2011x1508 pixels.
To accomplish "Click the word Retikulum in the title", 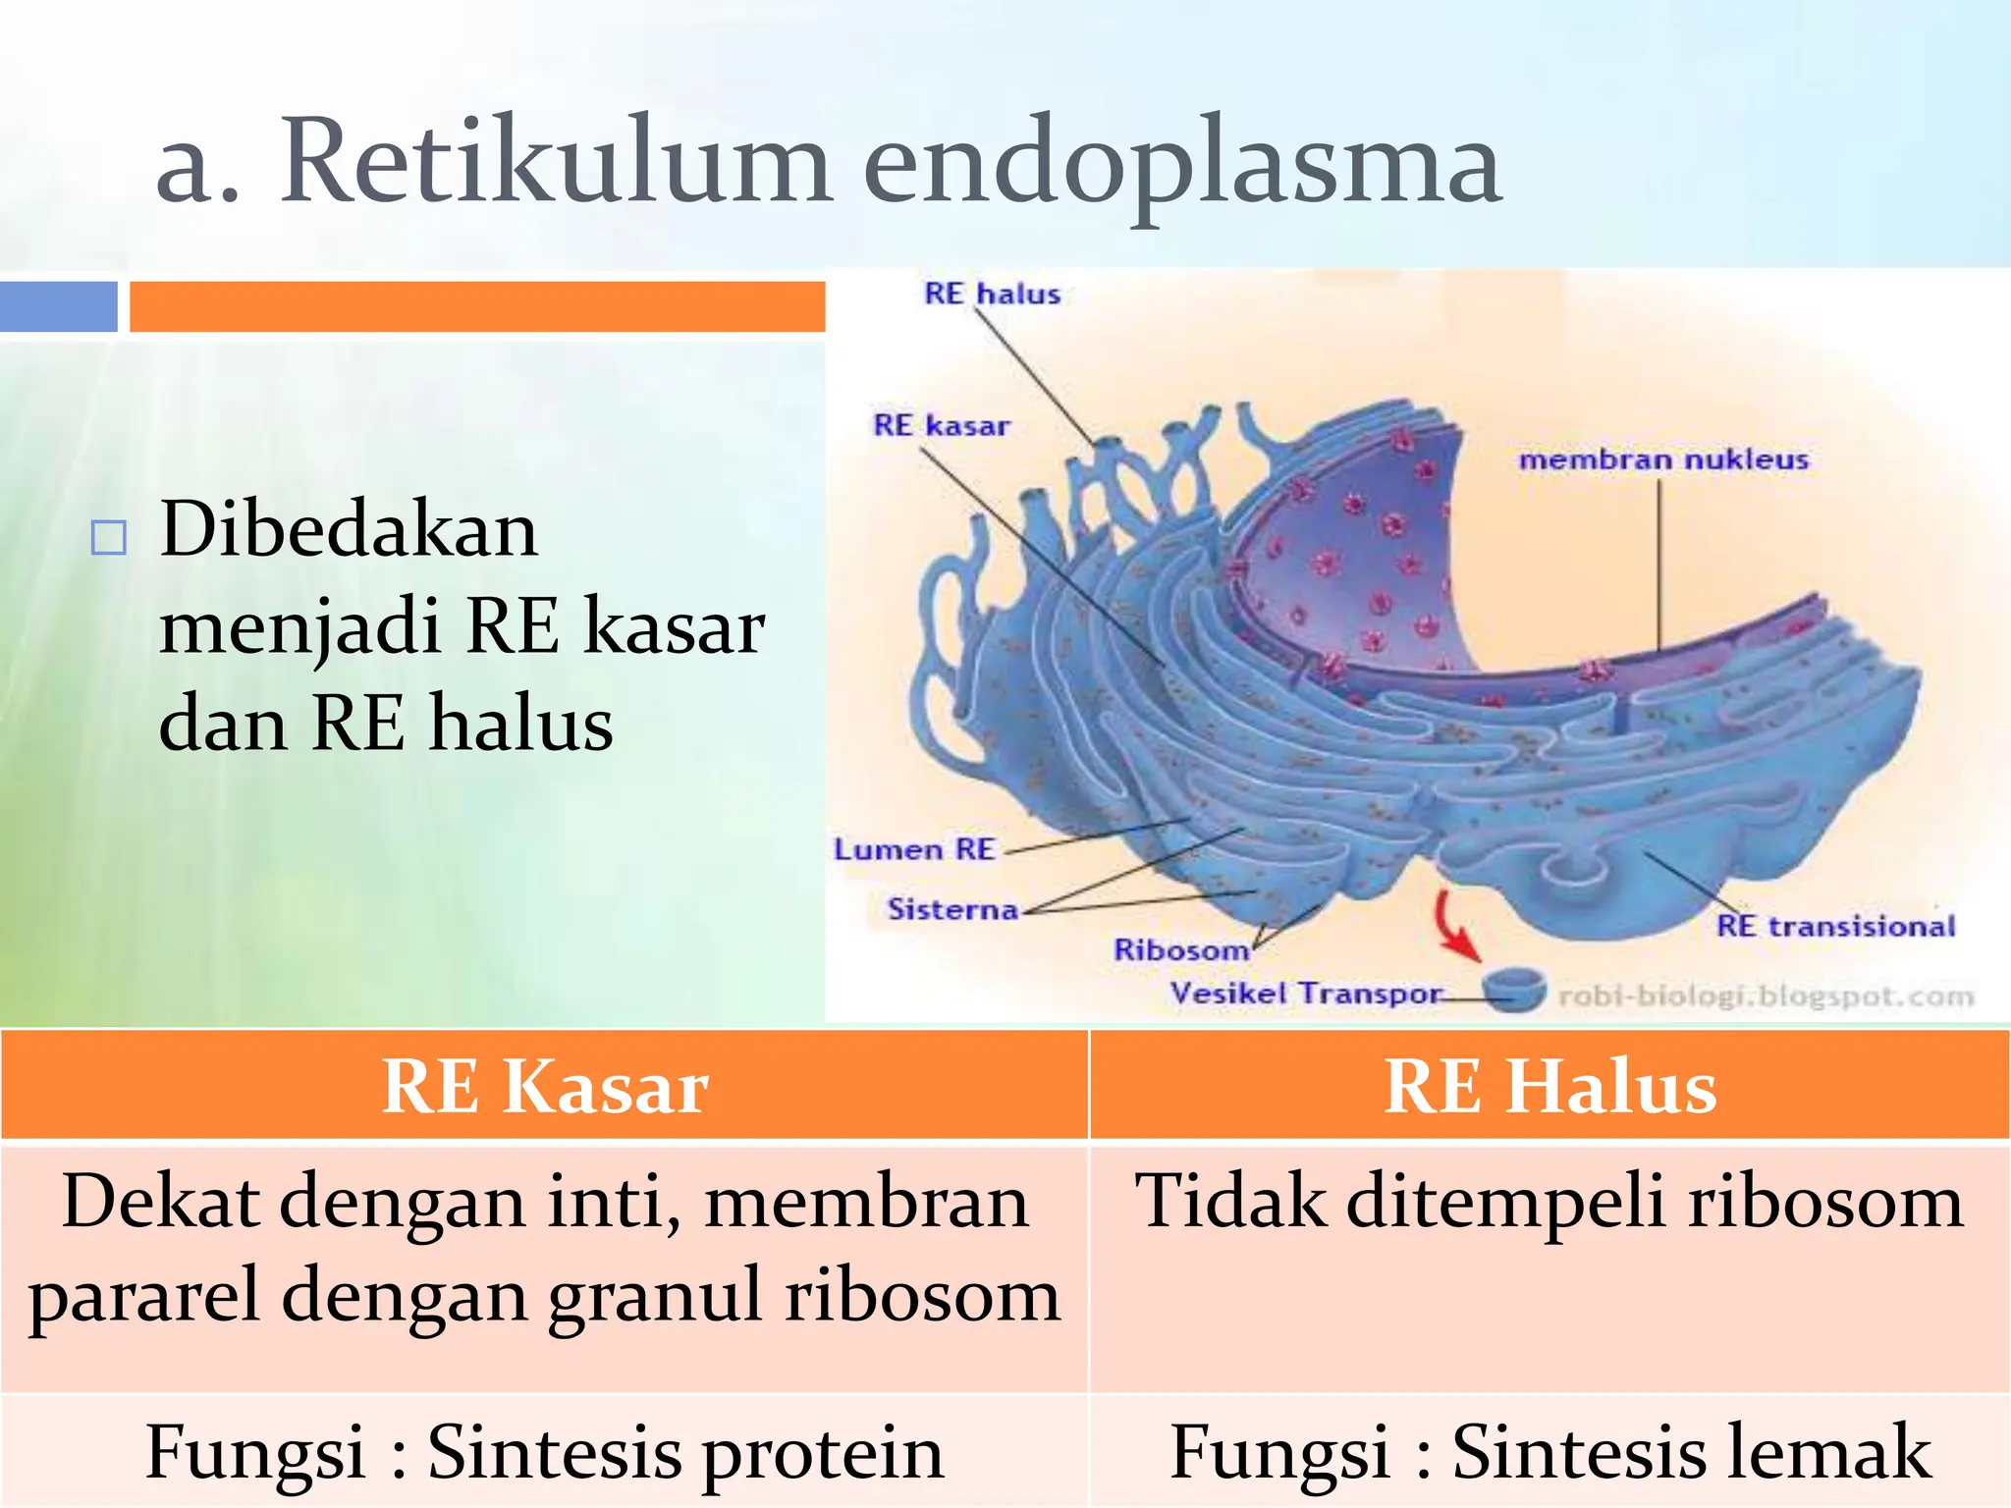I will [556, 162].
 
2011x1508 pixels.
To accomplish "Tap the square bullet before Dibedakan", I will [108, 538].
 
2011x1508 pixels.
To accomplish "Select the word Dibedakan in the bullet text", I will [349, 530].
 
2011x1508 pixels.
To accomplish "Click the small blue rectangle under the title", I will [58, 306].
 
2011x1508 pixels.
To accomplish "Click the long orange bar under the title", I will [477, 306].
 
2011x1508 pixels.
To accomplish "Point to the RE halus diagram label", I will [992, 294].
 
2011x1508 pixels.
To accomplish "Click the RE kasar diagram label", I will [941, 425].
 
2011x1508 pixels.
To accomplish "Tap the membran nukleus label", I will [1662, 459].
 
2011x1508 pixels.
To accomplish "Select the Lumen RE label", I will [914, 849].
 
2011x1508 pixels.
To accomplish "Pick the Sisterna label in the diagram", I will [951, 909].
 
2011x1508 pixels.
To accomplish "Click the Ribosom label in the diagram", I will [1180, 949].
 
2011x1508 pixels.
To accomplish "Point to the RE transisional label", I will [1835, 926].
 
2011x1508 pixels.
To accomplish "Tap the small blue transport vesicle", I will [1513, 988].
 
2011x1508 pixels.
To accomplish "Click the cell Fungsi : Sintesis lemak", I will [1549, 1451].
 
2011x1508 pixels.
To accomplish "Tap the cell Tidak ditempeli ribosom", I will [1549, 1201].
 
